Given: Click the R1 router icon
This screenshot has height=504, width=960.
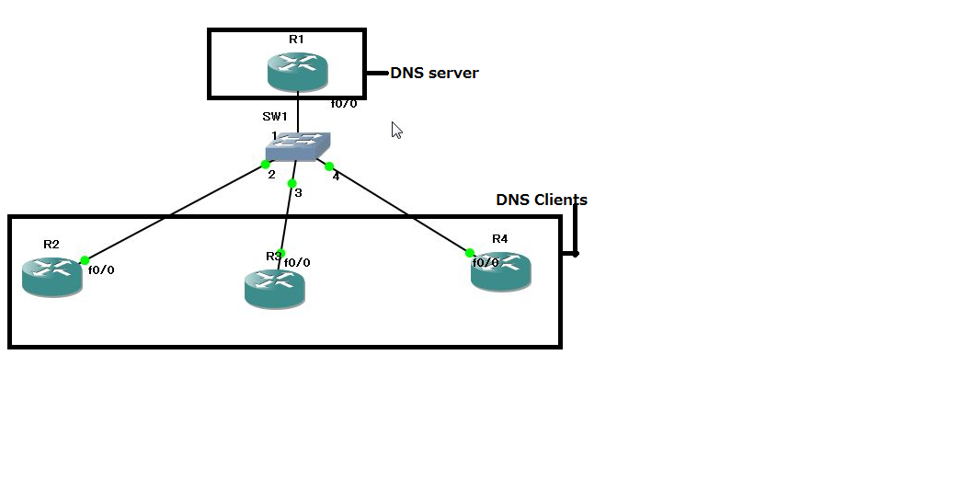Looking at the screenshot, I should pos(297,71).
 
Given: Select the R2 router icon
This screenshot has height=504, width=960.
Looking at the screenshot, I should pos(51,276).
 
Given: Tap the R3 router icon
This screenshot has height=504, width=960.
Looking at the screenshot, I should pos(274,288).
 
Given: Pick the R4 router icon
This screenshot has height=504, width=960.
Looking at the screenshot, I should pos(501,271).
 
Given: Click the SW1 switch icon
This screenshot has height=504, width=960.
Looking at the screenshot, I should pos(298,145).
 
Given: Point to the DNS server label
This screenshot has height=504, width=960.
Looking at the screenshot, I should pos(434,73).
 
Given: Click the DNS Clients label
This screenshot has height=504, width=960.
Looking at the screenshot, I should pos(541,200).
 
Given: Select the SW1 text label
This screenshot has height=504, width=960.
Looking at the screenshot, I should pos(275,116).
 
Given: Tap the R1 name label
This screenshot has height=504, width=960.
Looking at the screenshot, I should pos(296,40).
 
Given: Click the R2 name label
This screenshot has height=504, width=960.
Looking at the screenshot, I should pos(51,244).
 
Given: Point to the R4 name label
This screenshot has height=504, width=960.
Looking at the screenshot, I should pos(499,238).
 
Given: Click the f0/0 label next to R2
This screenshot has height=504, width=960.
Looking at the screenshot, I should pos(101,269).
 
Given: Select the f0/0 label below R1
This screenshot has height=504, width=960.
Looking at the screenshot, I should pos(344,103).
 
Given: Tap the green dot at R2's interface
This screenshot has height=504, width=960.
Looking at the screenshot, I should pos(85,260).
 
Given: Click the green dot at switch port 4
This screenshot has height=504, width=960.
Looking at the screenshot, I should pos(329,166).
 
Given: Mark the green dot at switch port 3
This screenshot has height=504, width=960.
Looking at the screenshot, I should pos(291,183).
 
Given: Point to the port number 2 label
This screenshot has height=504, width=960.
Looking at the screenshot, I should pos(271,174).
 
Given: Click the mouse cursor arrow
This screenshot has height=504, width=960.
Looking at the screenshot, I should pos(396,130).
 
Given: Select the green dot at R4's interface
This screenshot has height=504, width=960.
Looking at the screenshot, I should pos(470,253).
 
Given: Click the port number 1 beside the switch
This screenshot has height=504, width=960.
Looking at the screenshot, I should pos(274,135).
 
